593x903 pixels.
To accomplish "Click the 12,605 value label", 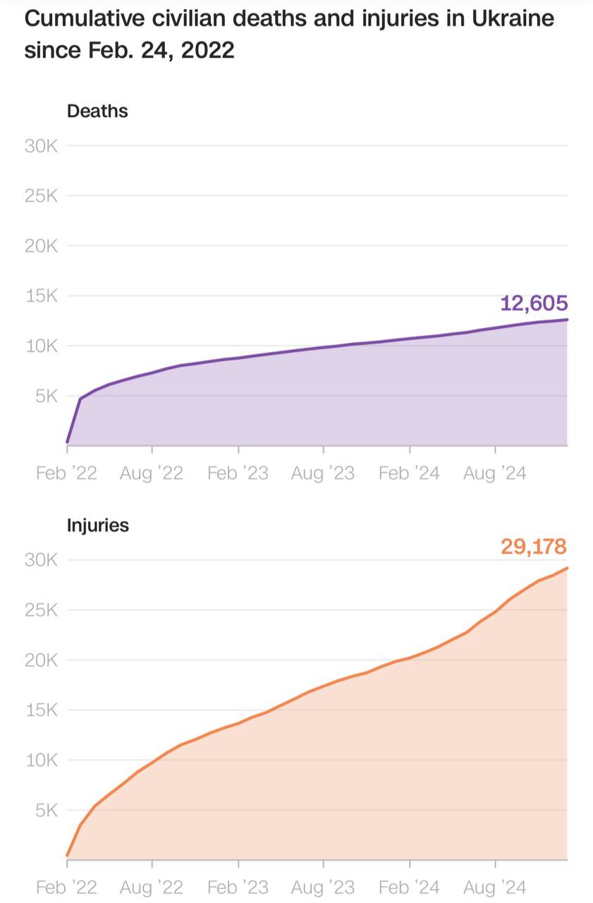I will (534, 303).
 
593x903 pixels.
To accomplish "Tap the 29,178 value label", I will (534, 546).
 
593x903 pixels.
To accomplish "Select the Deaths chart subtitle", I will (97, 111).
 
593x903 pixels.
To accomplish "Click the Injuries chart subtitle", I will (98, 525).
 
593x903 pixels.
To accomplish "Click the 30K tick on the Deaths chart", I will (42, 146).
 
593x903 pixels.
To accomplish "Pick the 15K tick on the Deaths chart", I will (42, 296).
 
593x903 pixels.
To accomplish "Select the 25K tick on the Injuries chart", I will (42, 610).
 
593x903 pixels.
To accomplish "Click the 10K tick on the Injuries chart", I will (42, 760).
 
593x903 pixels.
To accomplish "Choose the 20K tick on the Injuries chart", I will (42, 660).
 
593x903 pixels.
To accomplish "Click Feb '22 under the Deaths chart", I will (66, 473).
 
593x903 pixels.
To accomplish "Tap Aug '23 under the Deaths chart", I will (323, 473).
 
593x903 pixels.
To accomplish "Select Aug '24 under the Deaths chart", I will (494, 473).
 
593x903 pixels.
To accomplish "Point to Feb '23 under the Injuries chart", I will (238, 887).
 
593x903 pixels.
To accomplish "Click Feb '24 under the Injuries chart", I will (409, 887).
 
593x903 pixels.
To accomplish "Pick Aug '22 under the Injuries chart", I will (152, 887).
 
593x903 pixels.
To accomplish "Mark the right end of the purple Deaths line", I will (567, 320).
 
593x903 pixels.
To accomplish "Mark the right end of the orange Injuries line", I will (567, 568).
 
